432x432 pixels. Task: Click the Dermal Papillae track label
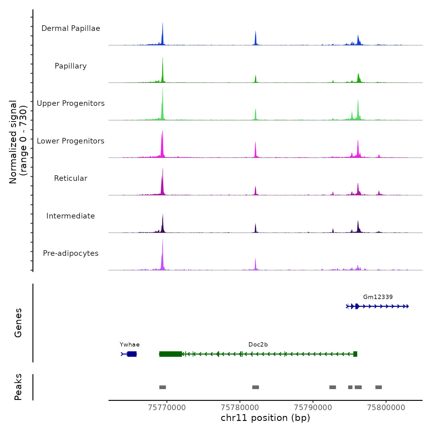(71, 28)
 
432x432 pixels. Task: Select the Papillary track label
(71, 66)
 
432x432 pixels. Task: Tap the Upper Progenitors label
(71, 103)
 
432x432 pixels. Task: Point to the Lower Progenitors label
(71, 141)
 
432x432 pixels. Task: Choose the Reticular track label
(71, 178)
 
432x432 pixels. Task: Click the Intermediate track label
(71, 216)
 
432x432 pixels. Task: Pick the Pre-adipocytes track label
(71, 253)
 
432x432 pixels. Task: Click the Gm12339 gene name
(378, 297)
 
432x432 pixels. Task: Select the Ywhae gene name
(130, 345)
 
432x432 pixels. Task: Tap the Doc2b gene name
(258, 345)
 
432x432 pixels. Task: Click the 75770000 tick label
(167, 408)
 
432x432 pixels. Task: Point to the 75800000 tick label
(386, 408)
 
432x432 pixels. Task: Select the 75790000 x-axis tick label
(313, 408)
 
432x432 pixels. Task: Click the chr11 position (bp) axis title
(265, 418)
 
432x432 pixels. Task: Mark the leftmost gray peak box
(163, 387)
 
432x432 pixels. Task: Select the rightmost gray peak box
(379, 387)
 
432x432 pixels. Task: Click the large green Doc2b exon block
(171, 354)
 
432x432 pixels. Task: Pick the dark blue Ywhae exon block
(132, 354)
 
